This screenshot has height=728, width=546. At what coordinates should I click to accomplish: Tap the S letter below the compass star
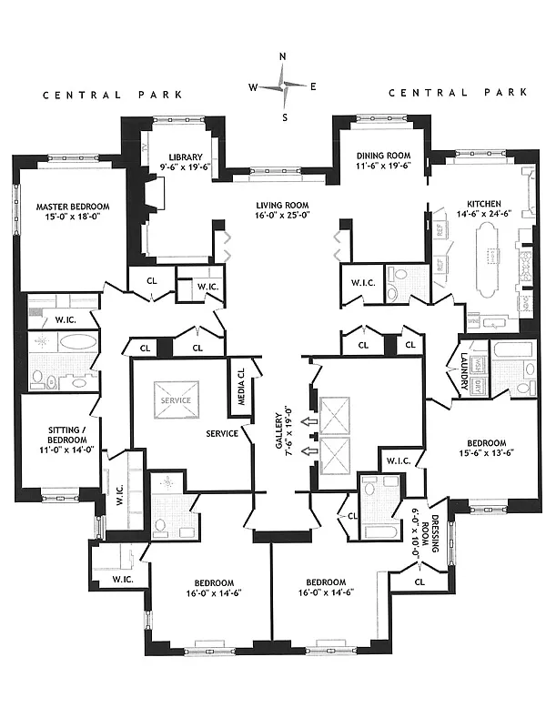[x=284, y=116]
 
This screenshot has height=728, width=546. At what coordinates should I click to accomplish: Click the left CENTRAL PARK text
[x=113, y=94]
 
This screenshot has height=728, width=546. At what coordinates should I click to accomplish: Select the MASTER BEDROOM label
[x=73, y=207]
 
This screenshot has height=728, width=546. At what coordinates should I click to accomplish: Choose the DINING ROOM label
[x=380, y=157]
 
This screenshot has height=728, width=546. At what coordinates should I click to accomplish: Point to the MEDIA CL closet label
[x=240, y=383]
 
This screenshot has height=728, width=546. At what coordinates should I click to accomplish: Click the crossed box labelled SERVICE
[x=176, y=400]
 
